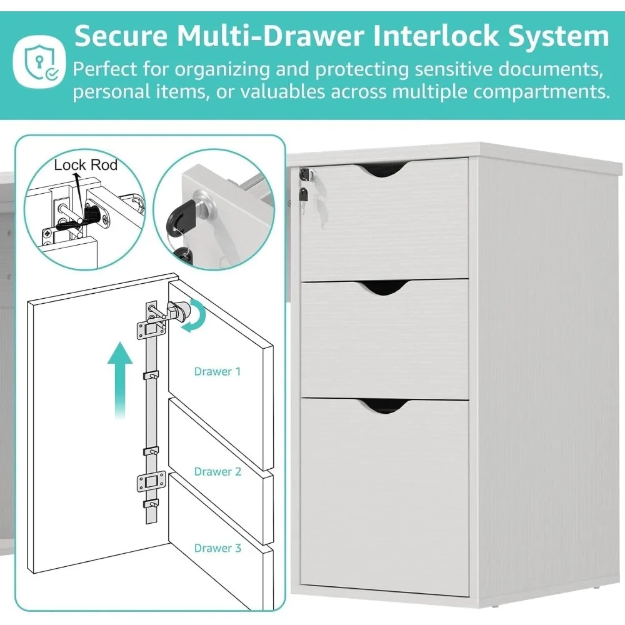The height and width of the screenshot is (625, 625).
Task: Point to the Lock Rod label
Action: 86,165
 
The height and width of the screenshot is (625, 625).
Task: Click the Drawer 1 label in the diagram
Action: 217,371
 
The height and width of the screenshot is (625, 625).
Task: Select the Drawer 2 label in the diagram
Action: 217,471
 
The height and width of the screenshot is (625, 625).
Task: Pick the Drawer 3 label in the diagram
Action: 217,548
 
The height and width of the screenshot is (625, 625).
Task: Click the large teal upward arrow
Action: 120,381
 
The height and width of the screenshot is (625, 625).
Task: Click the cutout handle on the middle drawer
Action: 384,287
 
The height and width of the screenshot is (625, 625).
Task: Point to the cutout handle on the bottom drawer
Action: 384,407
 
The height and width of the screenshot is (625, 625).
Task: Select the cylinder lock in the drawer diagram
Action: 181,310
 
